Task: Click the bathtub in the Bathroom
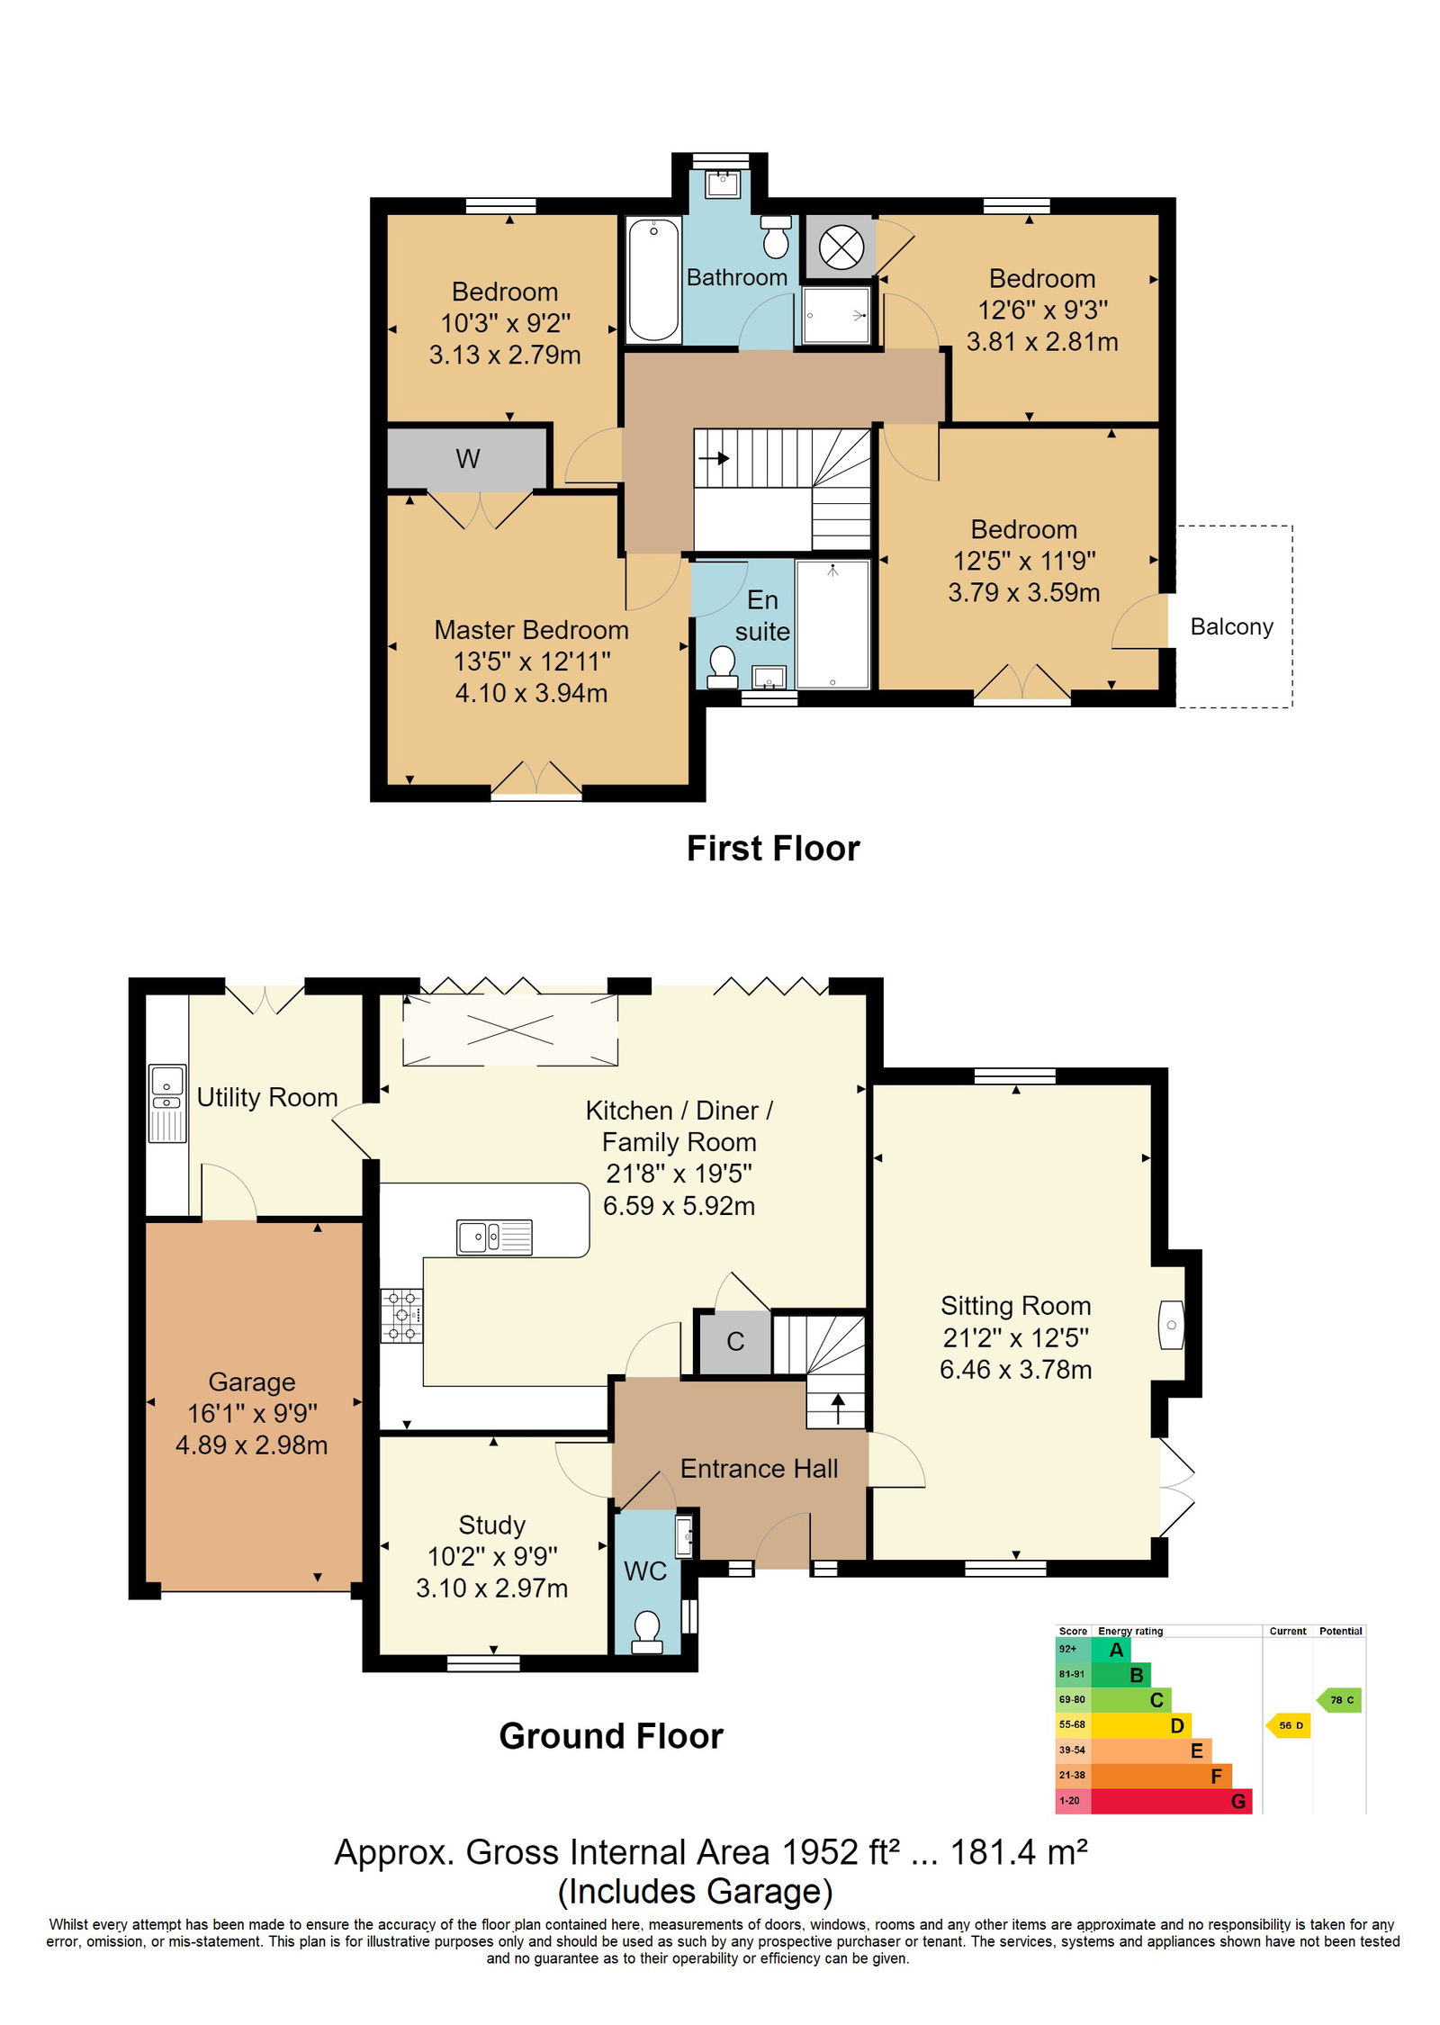pyautogui.click(x=653, y=280)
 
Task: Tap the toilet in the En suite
pyautogui.click(x=722, y=666)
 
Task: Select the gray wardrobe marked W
pyautogui.click(x=467, y=458)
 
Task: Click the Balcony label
pyautogui.click(x=1231, y=626)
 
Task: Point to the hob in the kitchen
pyautogui.click(x=401, y=1316)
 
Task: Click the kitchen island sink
pyautogui.click(x=494, y=1237)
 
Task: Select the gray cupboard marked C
pyautogui.click(x=735, y=1342)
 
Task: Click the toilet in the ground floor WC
pyautogui.click(x=647, y=1631)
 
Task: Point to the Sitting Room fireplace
pyautogui.click(x=1171, y=1324)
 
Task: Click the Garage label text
pyautogui.click(x=252, y=1381)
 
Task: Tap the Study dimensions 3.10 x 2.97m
pyautogui.click(x=492, y=1588)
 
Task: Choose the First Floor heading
pyautogui.click(x=773, y=849)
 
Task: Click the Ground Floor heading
pyautogui.click(x=611, y=1736)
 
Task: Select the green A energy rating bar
pyautogui.click(x=1111, y=1650)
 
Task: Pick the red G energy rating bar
pyautogui.click(x=1171, y=1801)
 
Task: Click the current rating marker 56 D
pyautogui.click(x=1289, y=1725)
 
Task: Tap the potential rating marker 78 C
pyautogui.click(x=1339, y=1700)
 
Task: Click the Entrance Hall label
pyautogui.click(x=759, y=1469)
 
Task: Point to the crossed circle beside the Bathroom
pyautogui.click(x=841, y=247)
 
